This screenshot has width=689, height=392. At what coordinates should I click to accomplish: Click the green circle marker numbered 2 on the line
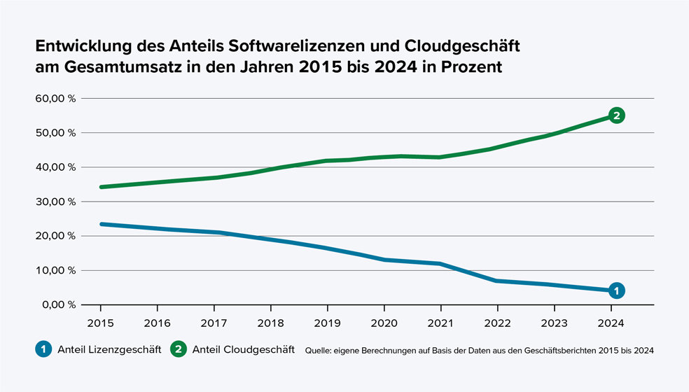pos(616,115)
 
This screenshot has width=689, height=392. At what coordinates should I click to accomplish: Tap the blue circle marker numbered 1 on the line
pos(616,290)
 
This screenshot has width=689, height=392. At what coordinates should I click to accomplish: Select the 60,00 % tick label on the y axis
pos(55,99)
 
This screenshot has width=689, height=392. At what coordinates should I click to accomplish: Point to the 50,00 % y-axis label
pos(55,133)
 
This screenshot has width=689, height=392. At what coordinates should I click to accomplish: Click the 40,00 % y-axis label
pos(55,167)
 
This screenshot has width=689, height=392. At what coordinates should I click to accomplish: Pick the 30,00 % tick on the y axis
pos(55,202)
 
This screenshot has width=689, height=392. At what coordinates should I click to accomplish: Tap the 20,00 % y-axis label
pos(55,236)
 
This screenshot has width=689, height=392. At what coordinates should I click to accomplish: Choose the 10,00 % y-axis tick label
pos(55,270)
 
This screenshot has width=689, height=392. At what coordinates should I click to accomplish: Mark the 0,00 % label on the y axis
pos(58,304)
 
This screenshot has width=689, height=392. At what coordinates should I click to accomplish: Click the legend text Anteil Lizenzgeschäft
pos(109,349)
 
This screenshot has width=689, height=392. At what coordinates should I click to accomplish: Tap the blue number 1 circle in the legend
pos(43,349)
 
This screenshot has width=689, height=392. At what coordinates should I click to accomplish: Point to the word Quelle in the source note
pos(319,350)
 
